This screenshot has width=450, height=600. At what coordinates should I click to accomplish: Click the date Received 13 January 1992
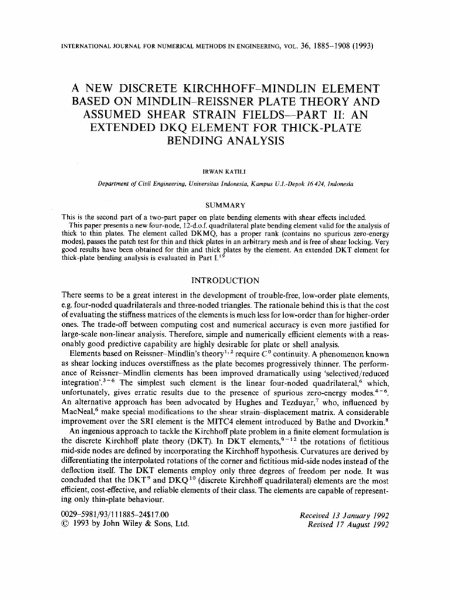[345, 515]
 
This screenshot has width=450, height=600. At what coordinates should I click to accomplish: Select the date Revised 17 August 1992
[349, 525]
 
